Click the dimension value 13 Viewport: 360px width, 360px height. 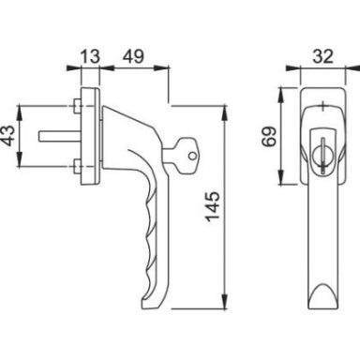tap(91, 56)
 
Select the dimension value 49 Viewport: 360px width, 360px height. tap(133, 56)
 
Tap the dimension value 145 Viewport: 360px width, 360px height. tap(214, 206)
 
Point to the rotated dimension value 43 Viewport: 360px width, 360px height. tap(9, 136)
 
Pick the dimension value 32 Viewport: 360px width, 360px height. tap(322, 56)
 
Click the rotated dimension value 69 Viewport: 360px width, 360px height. tap(269, 136)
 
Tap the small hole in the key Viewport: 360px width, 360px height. tap(192, 156)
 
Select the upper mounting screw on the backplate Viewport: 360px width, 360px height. tap(77, 106)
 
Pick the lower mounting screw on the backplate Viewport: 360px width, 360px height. tap(77, 166)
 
